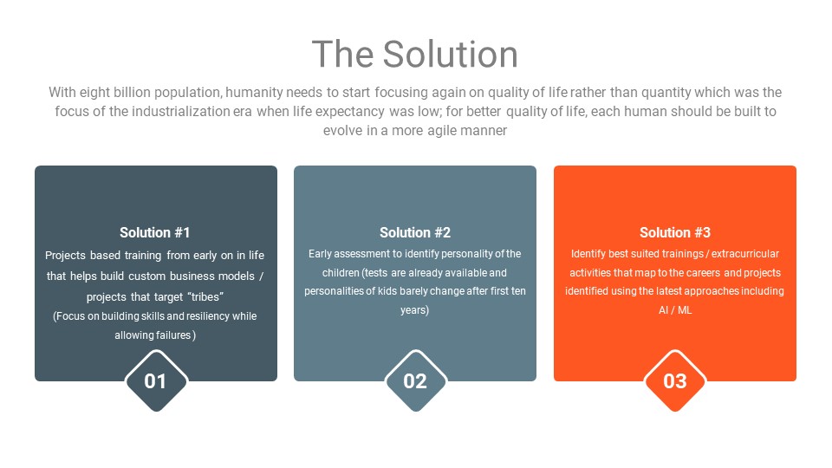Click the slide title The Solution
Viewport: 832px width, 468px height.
[415, 54]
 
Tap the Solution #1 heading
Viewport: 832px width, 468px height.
[154, 232]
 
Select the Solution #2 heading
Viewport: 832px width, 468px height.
[415, 232]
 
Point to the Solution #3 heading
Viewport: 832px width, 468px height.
[675, 232]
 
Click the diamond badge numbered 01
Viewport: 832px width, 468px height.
[156, 381]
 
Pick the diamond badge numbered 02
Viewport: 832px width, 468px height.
[415, 381]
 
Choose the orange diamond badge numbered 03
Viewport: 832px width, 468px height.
[675, 381]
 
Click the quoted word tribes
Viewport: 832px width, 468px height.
[205, 296]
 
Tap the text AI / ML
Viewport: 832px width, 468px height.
[675, 310]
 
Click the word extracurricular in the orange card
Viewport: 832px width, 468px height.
[745, 254]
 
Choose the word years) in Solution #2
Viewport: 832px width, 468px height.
[415, 310]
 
